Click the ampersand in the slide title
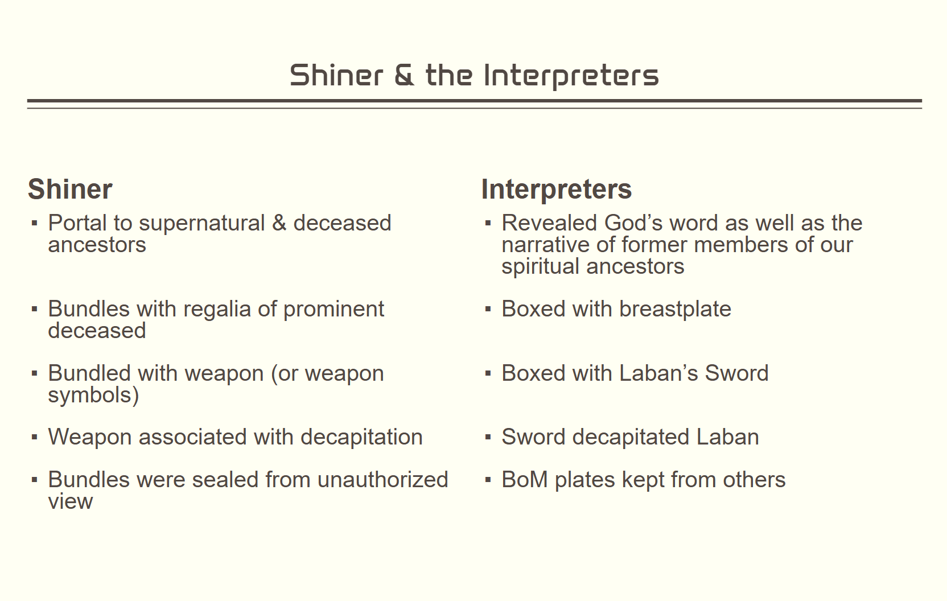(x=404, y=75)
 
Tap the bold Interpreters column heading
(x=557, y=189)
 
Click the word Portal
(x=77, y=223)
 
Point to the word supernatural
(x=201, y=223)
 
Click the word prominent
(x=333, y=310)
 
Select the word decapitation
(x=361, y=437)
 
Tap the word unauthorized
(x=382, y=480)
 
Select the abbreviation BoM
(x=525, y=480)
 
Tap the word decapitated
(x=631, y=437)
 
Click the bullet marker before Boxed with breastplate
(x=488, y=310)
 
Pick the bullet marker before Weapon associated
(x=34, y=437)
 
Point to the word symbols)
(x=93, y=395)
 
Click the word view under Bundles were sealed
(x=70, y=501)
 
